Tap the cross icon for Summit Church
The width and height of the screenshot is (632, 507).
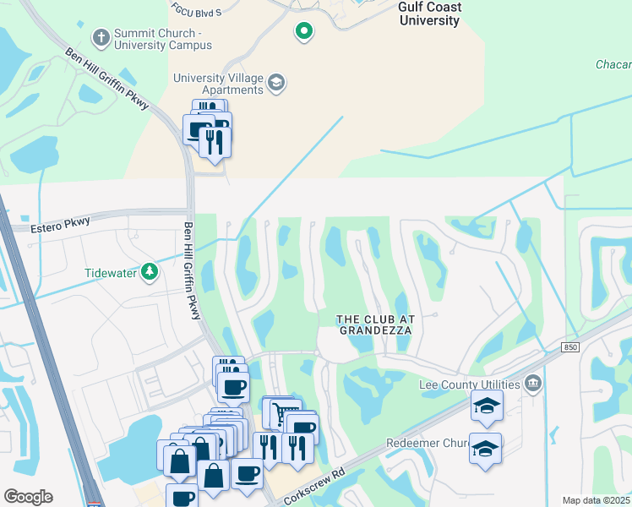coord(100,38)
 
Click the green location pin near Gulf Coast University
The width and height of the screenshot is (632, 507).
coord(303,31)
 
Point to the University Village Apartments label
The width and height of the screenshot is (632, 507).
coord(218,84)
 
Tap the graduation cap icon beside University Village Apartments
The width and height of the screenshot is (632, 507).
coord(275,83)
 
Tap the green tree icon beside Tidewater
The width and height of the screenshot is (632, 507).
coord(150,272)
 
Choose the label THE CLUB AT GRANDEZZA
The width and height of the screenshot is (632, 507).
coord(374,324)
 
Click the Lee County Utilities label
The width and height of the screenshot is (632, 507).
coord(469,385)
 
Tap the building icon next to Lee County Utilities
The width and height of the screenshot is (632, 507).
coord(532,384)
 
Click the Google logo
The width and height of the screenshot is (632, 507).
coord(28,497)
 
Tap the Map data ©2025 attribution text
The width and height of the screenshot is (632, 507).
coord(595,500)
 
